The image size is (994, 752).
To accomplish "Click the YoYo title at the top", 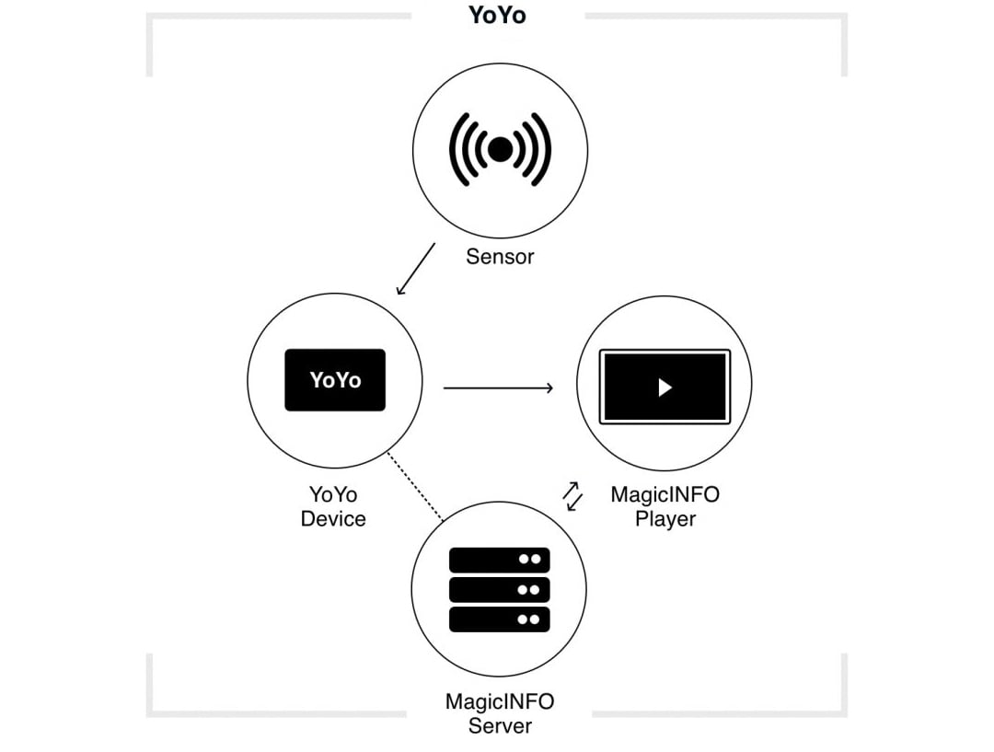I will click(497, 16).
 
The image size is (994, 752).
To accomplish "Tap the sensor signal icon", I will click(500, 150).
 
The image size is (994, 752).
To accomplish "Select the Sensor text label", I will click(500, 257).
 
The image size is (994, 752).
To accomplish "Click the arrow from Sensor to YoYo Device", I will click(415, 269).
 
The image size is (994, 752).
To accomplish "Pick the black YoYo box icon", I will click(335, 379).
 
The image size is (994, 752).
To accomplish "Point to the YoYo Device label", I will click(333, 506).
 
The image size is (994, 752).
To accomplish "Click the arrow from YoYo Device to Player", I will click(498, 388).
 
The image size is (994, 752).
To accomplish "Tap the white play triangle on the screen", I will click(665, 388).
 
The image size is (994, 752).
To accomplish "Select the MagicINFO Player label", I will click(665, 506).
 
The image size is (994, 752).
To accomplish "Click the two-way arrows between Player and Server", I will click(572, 496).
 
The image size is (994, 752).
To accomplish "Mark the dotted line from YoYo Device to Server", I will click(415, 487).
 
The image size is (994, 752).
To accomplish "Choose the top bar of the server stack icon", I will click(499, 560).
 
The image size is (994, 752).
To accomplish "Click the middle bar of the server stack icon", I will click(499, 589).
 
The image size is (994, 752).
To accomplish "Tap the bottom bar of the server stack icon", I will click(499, 619).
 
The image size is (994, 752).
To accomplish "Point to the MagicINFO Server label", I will click(500, 713).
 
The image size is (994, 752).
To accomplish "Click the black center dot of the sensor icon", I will click(500, 150).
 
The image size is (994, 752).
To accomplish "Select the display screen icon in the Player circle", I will click(665, 387).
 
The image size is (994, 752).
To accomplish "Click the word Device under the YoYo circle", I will click(333, 519).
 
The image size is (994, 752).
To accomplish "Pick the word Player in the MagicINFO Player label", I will click(665, 519).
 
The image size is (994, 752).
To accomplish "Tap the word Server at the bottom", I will click(500, 725).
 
